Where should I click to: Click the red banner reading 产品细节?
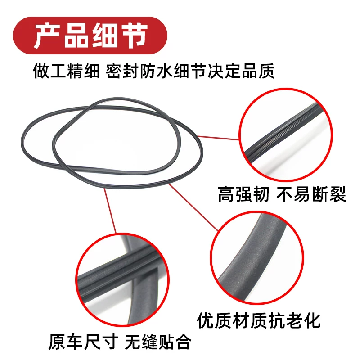[x=90, y=36]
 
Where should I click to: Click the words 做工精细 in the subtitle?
[x=66, y=71]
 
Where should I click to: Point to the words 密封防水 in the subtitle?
[x=139, y=71]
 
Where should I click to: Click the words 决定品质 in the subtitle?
[x=241, y=71]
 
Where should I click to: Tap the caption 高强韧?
[x=243, y=194]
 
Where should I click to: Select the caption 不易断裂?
[x=311, y=194]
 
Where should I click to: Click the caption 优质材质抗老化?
[x=258, y=320]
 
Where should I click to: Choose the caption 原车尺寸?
[x=83, y=342]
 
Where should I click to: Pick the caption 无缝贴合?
[x=158, y=342]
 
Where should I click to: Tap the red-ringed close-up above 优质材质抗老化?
[x=257, y=258]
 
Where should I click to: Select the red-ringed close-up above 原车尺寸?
[x=122, y=280]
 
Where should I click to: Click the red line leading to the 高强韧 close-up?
[x=218, y=138]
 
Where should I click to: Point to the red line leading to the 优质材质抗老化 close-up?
[x=193, y=207]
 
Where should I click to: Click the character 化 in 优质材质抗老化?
[x=311, y=320]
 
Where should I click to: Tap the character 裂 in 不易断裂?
[x=338, y=194]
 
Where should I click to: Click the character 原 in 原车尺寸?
[x=57, y=342]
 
